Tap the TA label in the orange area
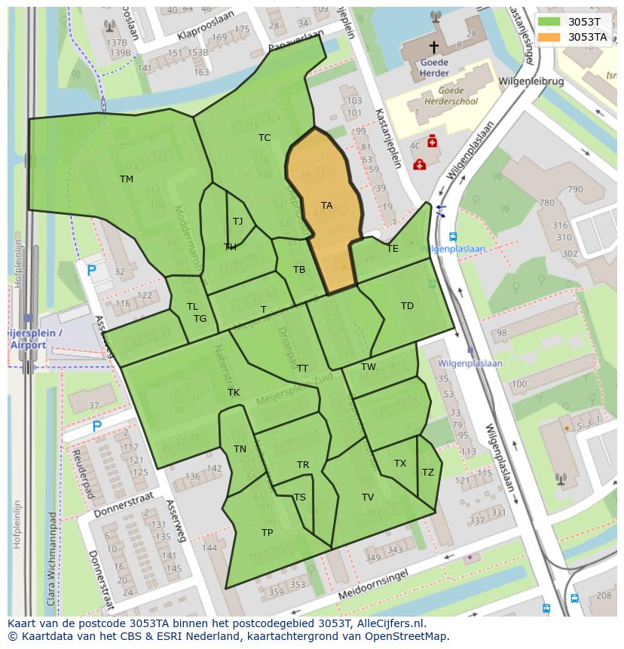tap(326, 205)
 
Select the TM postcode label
tap(126, 179)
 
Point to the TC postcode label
tap(265, 137)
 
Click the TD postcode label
tap(407, 305)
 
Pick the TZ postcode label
tap(428, 473)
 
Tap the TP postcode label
tap(267, 532)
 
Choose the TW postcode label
tap(368, 367)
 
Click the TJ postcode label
tap(238, 221)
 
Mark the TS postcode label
tap(300, 497)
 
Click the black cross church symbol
tap(433, 47)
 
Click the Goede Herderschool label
tap(450, 96)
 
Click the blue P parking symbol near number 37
tap(97, 427)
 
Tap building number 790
tap(575, 189)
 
